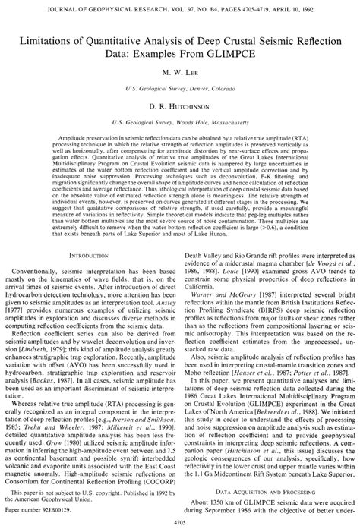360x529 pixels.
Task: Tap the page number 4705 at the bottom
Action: coord(180,523)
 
